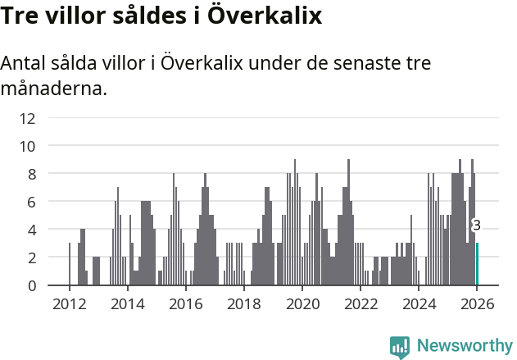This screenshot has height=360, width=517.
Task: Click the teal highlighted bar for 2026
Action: coord(477,264)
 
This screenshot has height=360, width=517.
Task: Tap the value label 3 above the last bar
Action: coord(477,226)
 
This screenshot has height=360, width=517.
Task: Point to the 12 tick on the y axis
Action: coord(27,118)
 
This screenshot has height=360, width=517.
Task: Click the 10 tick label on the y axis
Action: coord(27,146)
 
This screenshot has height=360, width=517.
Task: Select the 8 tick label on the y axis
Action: coord(31,174)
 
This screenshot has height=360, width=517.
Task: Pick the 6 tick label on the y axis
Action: coord(31,202)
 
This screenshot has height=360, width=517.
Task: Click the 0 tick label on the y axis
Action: coord(31,285)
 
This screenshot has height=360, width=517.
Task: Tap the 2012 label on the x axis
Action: coord(69,304)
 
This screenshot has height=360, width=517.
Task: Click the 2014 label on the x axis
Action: coord(127,304)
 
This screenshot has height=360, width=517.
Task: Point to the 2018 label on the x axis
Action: coord(243,304)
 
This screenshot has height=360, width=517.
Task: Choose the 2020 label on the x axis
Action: coord(302,304)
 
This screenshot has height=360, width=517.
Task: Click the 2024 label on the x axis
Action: coord(418,304)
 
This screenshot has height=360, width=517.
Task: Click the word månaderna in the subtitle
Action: coord(54,88)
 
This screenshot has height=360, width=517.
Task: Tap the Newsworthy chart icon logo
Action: coord(400,347)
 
